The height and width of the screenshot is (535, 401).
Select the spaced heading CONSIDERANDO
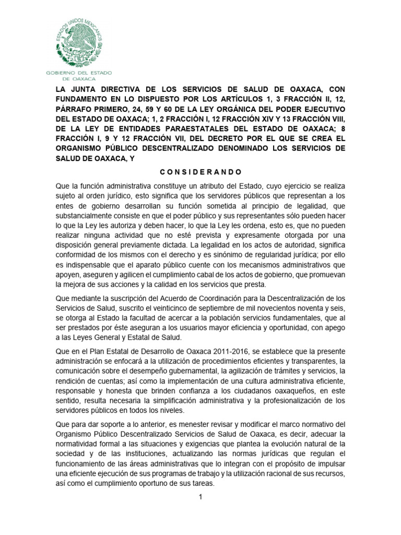(x=200, y=171)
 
